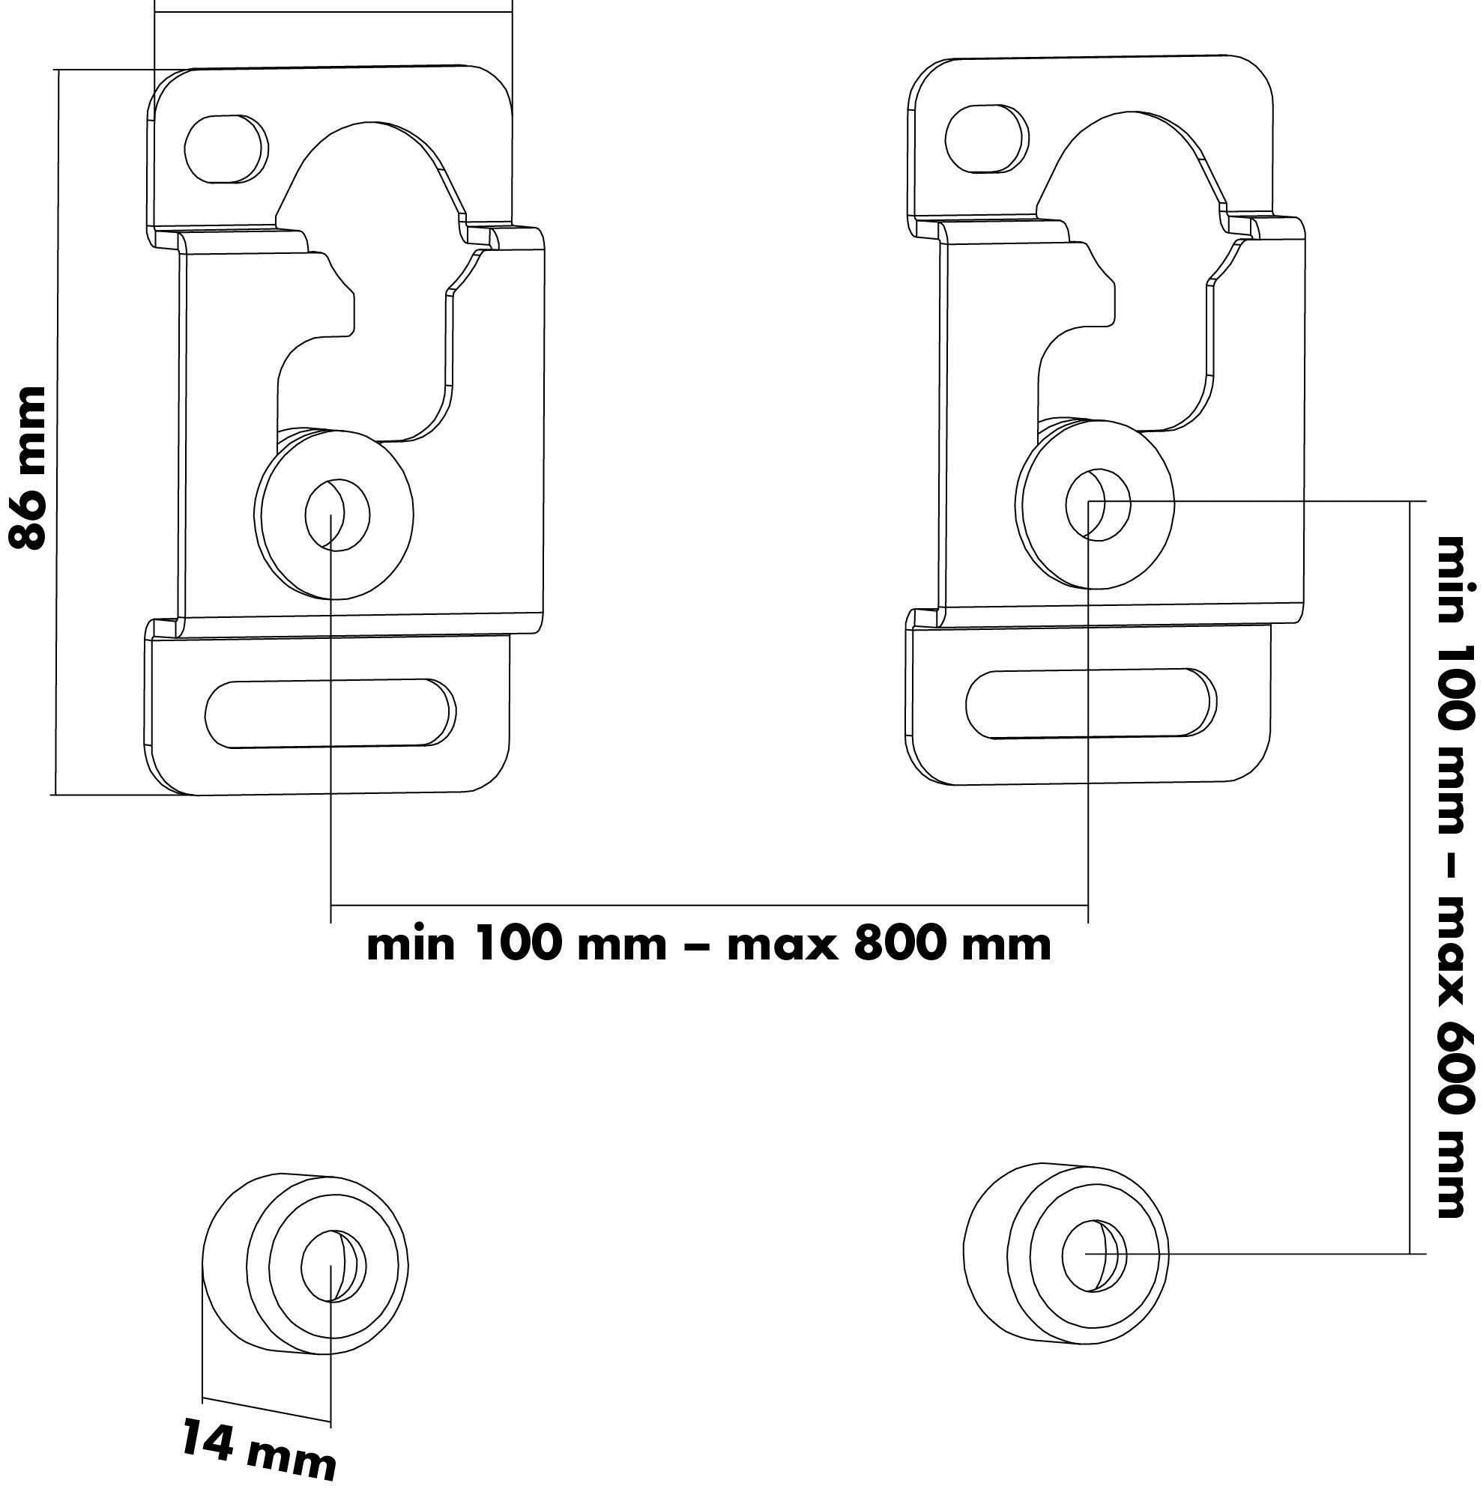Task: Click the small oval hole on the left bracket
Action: (226, 148)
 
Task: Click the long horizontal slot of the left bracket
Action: (330, 713)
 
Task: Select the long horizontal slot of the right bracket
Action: (1088, 703)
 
